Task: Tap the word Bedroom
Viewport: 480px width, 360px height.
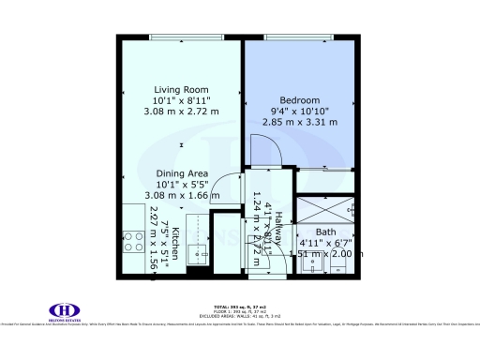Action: (301, 100)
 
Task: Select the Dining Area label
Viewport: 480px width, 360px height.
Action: (182, 172)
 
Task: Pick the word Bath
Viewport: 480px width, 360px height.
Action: (325, 232)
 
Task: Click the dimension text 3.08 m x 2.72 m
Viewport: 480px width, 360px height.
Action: (186, 111)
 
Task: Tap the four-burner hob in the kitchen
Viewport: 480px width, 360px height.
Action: (201, 225)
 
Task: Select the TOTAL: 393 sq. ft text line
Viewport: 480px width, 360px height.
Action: (239, 307)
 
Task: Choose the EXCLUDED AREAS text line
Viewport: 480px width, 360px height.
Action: (239, 316)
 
